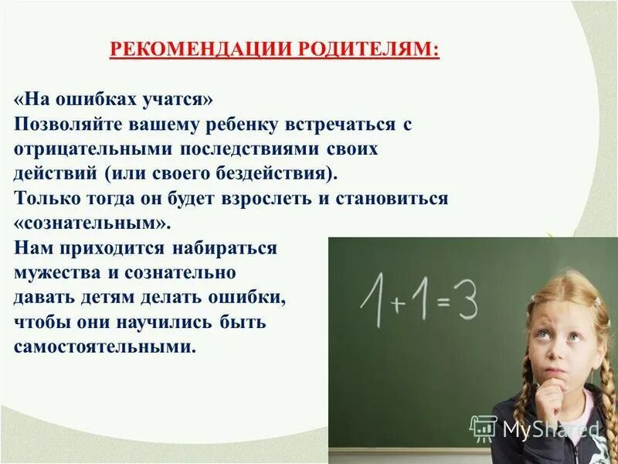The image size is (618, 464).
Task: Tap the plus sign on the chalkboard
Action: pyautogui.click(x=398, y=304)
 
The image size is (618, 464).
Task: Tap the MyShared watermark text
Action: pyautogui.click(x=550, y=428)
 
